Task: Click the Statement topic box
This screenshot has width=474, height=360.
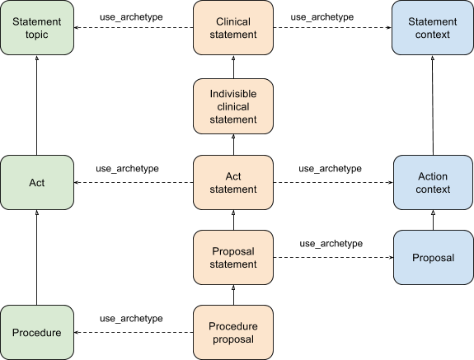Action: [x=37, y=28]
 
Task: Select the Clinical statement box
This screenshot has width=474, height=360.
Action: [x=233, y=28]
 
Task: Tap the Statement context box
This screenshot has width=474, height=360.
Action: [x=433, y=28]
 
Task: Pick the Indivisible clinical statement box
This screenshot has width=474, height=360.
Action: [x=233, y=106]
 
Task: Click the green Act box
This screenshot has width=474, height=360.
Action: [x=37, y=182]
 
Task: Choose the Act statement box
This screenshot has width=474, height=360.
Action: [x=233, y=182]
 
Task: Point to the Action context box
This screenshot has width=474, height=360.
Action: [x=433, y=182]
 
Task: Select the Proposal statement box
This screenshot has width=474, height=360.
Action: [x=233, y=258]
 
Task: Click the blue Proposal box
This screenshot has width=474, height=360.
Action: [x=433, y=258]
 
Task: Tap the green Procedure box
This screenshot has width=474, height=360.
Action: [x=37, y=333]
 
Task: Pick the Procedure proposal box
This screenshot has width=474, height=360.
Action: [x=233, y=333]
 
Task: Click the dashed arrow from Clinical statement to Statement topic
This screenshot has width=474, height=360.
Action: [x=134, y=28]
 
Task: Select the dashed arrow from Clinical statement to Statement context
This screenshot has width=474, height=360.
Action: [x=332, y=28]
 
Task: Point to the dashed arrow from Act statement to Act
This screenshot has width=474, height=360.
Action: [x=134, y=182]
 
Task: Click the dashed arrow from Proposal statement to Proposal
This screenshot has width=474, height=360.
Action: [x=333, y=258]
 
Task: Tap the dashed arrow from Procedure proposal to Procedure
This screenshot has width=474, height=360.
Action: [x=134, y=333]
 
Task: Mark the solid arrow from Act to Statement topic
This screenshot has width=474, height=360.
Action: [x=37, y=105]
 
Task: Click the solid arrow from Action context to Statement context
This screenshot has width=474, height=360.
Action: [x=433, y=105]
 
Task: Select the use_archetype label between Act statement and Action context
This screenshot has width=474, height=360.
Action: [x=330, y=169]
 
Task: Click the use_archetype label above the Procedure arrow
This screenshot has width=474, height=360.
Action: [x=131, y=319]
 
